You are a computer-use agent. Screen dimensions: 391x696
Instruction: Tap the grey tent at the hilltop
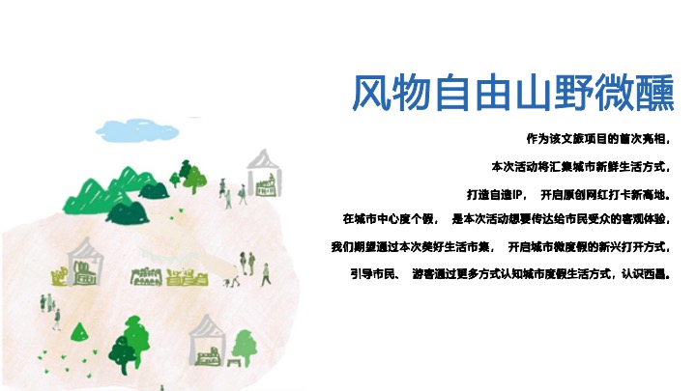coord(262,173)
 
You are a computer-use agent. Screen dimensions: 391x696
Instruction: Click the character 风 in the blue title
coord(373,95)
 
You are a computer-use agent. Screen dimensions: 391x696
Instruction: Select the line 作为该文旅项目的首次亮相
coord(595,138)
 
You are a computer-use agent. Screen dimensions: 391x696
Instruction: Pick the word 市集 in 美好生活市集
coord(479,246)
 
